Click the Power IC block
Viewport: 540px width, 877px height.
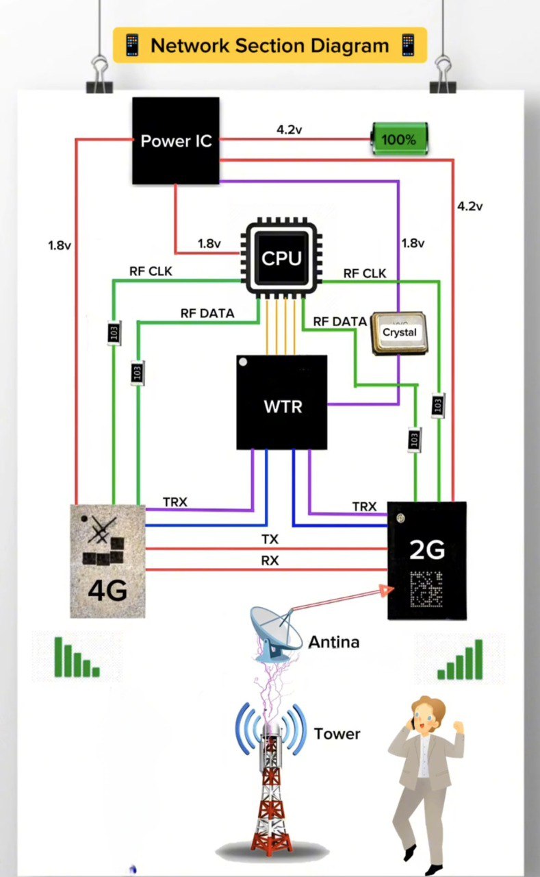pos(176,140)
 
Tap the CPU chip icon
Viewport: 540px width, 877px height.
pos(281,258)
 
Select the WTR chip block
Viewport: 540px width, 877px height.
pos(282,403)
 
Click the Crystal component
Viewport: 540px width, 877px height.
pos(399,333)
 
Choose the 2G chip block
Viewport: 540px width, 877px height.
pos(427,560)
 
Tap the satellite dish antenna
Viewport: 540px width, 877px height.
pos(277,634)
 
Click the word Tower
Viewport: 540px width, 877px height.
pos(337,734)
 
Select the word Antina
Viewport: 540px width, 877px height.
pos(334,642)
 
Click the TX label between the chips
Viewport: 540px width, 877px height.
pos(270,540)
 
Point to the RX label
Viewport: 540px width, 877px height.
pos(270,560)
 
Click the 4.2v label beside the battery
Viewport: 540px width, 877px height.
pos(289,129)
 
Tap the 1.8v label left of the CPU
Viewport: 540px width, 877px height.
pos(209,243)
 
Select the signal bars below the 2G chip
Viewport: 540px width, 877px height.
pos(461,659)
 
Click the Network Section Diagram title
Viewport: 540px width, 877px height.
pos(270,46)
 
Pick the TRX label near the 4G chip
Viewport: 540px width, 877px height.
pos(175,502)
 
